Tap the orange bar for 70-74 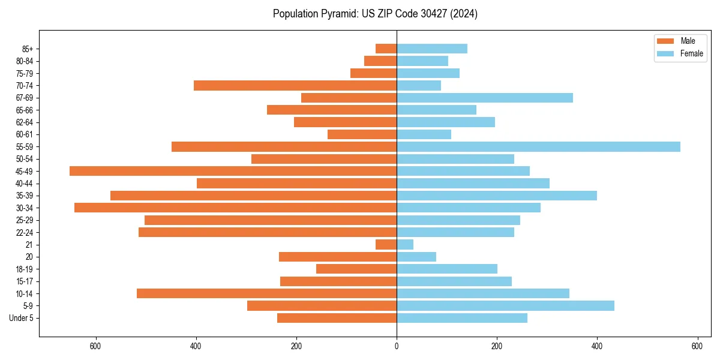(x=295, y=86)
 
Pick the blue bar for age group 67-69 (x=485, y=98)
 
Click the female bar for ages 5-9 (x=505, y=306)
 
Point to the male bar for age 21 (x=386, y=245)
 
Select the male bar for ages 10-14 (x=266, y=293)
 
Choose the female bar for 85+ (x=432, y=49)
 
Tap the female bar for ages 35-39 (x=497, y=196)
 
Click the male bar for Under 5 (x=337, y=318)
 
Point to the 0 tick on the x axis (x=397, y=346)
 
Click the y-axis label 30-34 (x=25, y=208)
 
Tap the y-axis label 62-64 (x=25, y=122)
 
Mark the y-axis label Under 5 (x=22, y=318)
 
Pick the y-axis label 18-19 (x=25, y=269)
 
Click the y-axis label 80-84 (x=25, y=61)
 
